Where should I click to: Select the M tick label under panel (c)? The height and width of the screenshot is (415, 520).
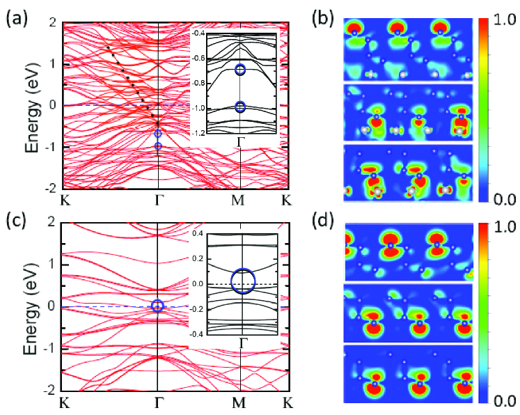[x=239, y=402]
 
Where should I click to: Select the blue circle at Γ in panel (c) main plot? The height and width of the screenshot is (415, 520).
[x=158, y=306]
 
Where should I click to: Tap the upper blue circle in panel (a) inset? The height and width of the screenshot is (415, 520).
[x=240, y=70]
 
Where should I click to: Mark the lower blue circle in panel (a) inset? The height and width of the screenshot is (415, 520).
[x=240, y=107]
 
